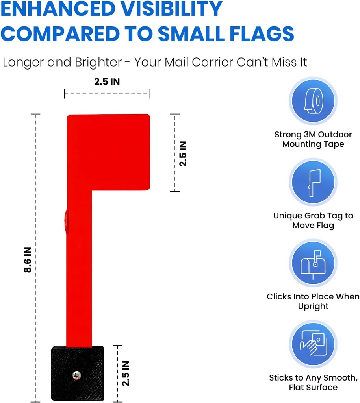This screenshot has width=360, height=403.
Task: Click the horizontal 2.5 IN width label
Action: pyautogui.click(x=107, y=82)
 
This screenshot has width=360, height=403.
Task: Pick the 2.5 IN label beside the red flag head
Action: pyautogui.click(x=183, y=153)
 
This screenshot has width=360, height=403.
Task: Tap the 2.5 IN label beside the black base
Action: pyautogui.click(x=126, y=373)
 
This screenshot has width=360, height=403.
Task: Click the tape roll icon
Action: pyautogui.click(x=313, y=100)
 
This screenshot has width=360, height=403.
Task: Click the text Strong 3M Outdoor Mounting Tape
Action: pyautogui.click(x=313, y=139)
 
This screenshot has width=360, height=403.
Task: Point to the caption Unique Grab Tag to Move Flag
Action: pyautogui.click(x=313, y=220)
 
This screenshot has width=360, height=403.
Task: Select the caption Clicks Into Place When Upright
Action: pyautogui.click(x=313, y=301)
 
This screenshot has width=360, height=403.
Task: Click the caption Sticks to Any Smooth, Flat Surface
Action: pyautogui.click(x=313, y=382)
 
